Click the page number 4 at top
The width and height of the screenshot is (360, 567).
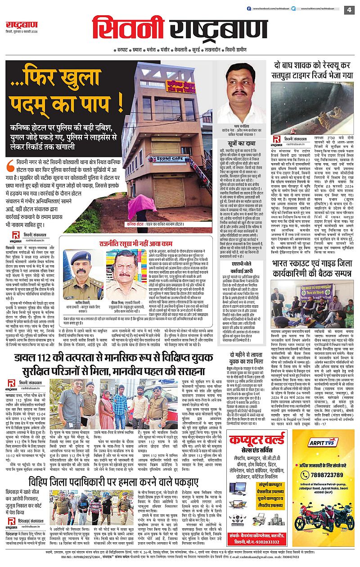349,9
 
